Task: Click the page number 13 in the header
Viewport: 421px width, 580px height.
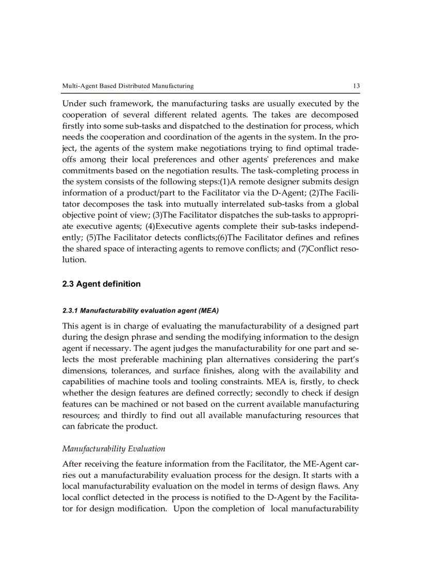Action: tap(355, 86)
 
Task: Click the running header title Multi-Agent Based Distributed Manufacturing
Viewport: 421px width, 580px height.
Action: tap(128, 86)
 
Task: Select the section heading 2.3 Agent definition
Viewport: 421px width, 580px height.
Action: tap(101, 284)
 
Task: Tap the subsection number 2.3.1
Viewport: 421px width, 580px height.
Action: tap(70, 311)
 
